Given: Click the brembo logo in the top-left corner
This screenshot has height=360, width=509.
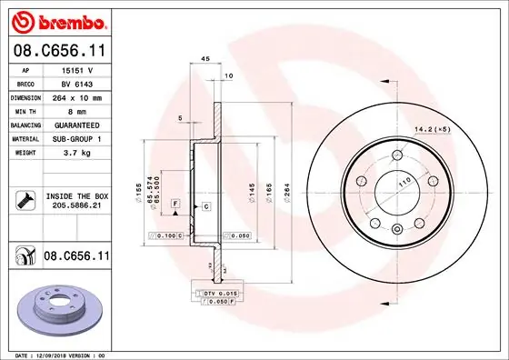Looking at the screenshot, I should (56, 20).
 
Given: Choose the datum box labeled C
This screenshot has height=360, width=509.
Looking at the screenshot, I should (206, 207).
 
